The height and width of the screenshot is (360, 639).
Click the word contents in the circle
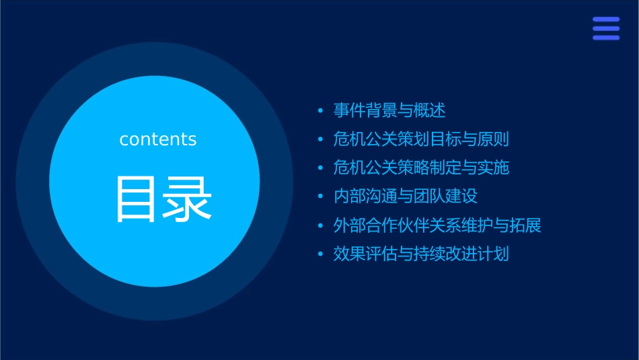point(158,139)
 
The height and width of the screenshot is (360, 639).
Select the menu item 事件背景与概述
point(389,110)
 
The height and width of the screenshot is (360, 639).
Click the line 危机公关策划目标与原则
point(421,139)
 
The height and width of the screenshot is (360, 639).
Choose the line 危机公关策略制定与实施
point(421,168)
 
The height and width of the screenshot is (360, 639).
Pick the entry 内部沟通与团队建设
point(405,196)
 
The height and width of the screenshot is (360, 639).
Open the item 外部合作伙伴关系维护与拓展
point(437,225)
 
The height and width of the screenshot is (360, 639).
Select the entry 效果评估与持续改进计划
point(421,254)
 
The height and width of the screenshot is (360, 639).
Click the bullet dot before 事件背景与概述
point(321,111)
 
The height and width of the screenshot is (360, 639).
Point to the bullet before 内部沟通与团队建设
point(321,197)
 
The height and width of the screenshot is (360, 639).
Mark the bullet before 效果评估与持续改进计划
point(321,255)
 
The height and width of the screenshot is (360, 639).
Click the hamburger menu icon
point(606,29)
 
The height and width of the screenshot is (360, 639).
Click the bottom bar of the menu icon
point(606,38)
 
